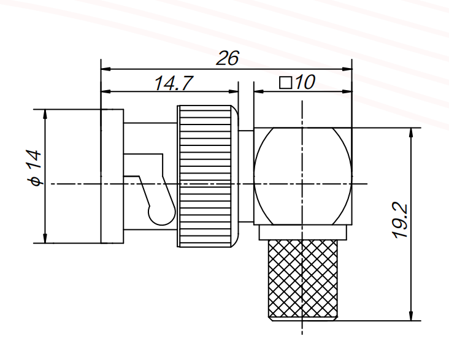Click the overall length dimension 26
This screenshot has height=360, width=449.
(x=227, y=58)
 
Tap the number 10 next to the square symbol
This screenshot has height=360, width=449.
(x=303, y=83)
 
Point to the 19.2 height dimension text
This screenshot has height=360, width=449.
(x=401, y=222)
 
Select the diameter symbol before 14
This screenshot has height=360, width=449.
(x=36, y=181)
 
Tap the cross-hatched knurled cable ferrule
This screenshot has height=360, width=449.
(x=304, y=280)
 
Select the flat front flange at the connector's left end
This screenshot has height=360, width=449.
(x=112, y=177)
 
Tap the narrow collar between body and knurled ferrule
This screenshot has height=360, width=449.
(x=304, y=232)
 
